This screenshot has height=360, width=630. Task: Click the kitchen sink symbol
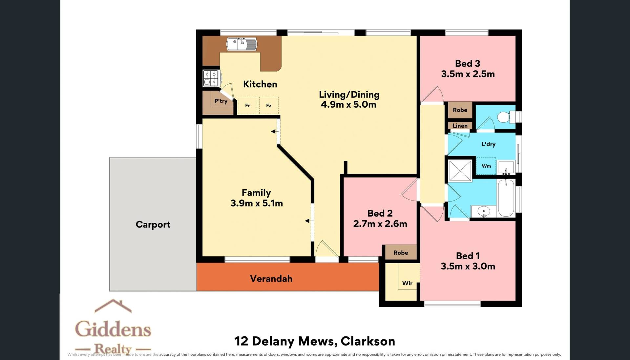click(242, 44)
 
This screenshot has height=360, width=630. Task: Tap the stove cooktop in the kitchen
click(211, 78)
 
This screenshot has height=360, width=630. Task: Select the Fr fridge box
click(247, 105)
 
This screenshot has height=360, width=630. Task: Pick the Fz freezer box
click(269, 105)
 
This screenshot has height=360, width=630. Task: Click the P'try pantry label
click(221, 101)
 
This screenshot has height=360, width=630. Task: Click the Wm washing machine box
click(486, 166)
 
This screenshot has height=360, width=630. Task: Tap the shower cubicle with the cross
click(460, 171)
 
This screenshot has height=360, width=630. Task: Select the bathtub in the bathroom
click(506, 198)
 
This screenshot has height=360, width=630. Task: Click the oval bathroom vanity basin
click(484, 211)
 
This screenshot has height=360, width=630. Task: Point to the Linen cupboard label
click(460, 126)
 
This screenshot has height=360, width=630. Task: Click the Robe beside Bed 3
click(460, 110)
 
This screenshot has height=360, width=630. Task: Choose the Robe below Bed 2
click(401, 253)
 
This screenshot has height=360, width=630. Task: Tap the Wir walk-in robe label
click(407, 283)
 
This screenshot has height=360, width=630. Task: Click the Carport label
click(153, 224)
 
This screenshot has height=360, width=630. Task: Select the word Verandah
click(271, 279)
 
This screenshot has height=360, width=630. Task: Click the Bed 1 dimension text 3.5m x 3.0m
click(468, 266)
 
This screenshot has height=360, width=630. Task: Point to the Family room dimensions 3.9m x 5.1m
click(257, 203)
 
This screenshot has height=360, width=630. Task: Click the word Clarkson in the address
click(368, 341)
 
